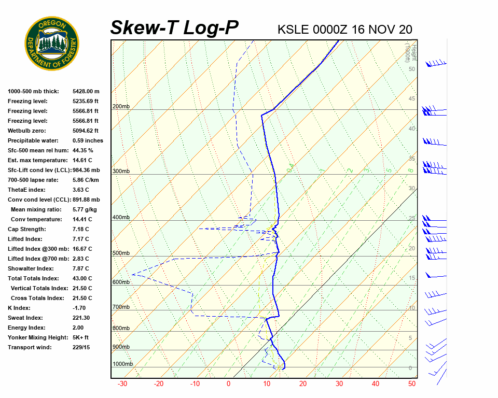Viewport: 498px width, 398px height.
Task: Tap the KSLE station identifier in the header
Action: (x=295, y=29)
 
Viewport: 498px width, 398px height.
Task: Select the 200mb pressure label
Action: (x=121, y=107)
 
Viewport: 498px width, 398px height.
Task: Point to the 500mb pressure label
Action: (x=121, y=253)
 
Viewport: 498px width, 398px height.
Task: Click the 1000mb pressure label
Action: (x=122, y=364)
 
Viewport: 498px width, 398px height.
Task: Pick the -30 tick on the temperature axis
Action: (x=122, y=384)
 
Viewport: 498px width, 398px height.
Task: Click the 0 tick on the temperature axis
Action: (x=228, y=384)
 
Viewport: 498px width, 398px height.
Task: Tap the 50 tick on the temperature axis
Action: (x=412, y=384)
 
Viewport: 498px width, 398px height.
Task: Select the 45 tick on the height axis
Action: (x=412, y=99)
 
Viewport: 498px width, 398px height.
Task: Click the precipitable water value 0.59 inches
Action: (x=88, y=140)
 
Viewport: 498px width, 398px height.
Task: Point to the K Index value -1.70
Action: (x=79, y=308)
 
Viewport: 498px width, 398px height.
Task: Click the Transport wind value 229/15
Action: (x=81, y=347)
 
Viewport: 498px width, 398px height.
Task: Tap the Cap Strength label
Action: (x=26, y=229)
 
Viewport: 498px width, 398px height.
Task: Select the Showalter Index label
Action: (x=31, y=268)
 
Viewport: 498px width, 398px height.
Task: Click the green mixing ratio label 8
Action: (x=410, y=170)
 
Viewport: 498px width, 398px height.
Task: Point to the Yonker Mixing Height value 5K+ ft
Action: (x=81, y=337)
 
